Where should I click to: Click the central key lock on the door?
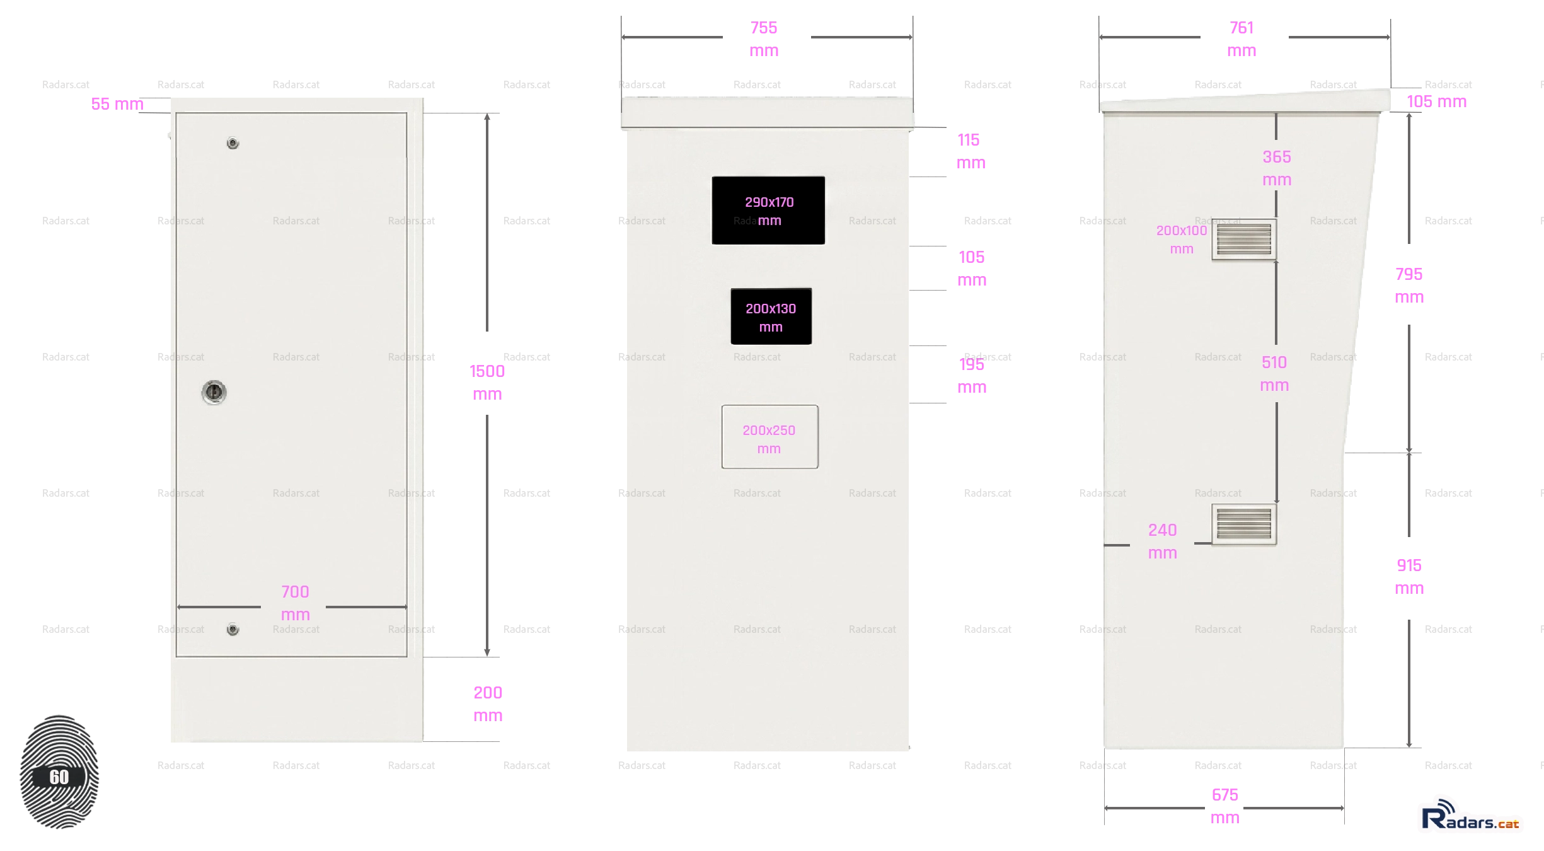214,392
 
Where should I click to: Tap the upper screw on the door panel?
233,143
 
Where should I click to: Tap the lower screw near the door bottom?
233,629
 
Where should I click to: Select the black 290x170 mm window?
768,210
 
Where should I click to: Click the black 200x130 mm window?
771,316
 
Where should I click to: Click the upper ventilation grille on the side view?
1244,239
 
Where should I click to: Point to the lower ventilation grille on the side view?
1244,524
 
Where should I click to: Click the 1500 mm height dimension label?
487,383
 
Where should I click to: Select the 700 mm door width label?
295,603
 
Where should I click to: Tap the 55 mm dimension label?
117,104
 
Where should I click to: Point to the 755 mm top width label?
764,39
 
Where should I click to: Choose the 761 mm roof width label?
1242,39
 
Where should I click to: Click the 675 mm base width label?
1225,806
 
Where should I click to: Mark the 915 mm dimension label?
1409,577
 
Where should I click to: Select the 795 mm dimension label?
1409,286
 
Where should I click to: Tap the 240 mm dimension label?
1163,541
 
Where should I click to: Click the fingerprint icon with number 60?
59,772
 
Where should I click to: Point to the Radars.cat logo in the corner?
1470,815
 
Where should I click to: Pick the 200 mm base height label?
488,704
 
